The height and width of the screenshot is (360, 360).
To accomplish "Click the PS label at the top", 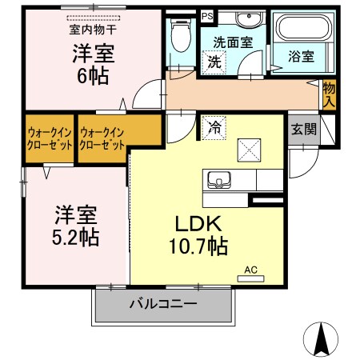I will pos(207,15).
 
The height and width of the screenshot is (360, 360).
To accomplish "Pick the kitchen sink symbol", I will pos(218,178).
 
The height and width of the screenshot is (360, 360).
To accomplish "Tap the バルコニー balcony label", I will pos(163,304).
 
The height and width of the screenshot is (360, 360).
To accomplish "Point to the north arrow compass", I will pos(322,340).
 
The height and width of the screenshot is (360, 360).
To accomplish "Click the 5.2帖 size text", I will pos(77,238).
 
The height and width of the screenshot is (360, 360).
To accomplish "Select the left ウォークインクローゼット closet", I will pos(50,140).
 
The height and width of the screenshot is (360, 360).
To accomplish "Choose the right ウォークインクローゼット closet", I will pos(103,140).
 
